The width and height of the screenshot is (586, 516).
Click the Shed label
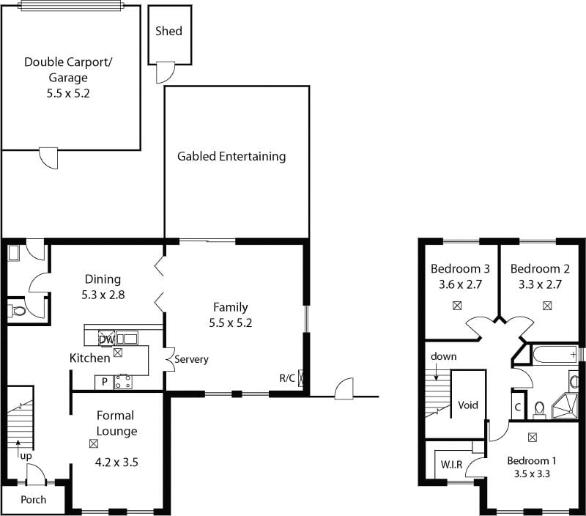click(x=168, y=31)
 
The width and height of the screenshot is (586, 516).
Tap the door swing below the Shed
click(x=166, y=73)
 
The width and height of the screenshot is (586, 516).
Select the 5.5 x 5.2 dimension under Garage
click(x=68, y=93)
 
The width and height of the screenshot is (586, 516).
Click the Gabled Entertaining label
click(x=231, y=156)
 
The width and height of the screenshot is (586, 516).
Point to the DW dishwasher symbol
click(x=106, y=339)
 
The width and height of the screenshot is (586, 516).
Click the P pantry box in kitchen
click(x=105, y=382)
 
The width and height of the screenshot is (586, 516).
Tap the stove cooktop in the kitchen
click(x=123, y=382)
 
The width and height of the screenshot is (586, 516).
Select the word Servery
click(x=191, y=359)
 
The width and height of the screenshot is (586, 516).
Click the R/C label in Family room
click(x=287, y=378)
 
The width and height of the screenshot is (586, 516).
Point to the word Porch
click(x=33, y=500)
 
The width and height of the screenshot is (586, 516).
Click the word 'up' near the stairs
click(x=26, y=456)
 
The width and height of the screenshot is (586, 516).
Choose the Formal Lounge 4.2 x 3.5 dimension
click(x=116, y=462)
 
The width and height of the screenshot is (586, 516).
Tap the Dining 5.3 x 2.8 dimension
click(x=103, y=295)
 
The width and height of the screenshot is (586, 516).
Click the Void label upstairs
click(x=468, y=405)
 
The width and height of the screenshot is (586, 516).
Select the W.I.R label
click(x=451, y=465)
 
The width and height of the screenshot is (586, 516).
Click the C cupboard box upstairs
click(x=518, y=407)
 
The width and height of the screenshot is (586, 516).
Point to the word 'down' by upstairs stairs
click(x=444, y=356)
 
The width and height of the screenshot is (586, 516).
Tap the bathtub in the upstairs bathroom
click(x=555, y=354)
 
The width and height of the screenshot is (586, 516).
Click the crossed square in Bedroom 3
click(x=456, y=306)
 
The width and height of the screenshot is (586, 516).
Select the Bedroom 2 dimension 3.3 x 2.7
click(x=540, y=284)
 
